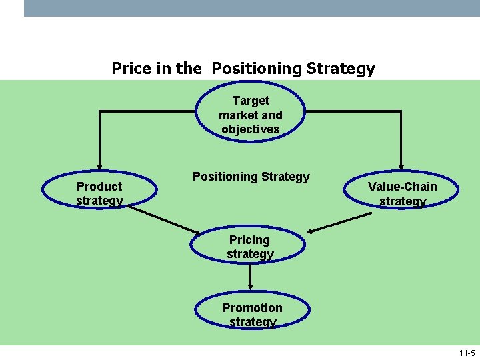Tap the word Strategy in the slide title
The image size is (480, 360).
343,69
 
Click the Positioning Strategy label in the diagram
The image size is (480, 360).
251,177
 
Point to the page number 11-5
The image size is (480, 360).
467,353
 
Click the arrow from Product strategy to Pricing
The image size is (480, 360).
163,219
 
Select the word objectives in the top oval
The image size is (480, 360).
251,129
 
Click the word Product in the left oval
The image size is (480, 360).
99,187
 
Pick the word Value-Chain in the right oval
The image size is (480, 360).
402,187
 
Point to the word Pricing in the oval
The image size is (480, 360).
249,240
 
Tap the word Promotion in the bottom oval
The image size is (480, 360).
252,308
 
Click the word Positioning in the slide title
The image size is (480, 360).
255,69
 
